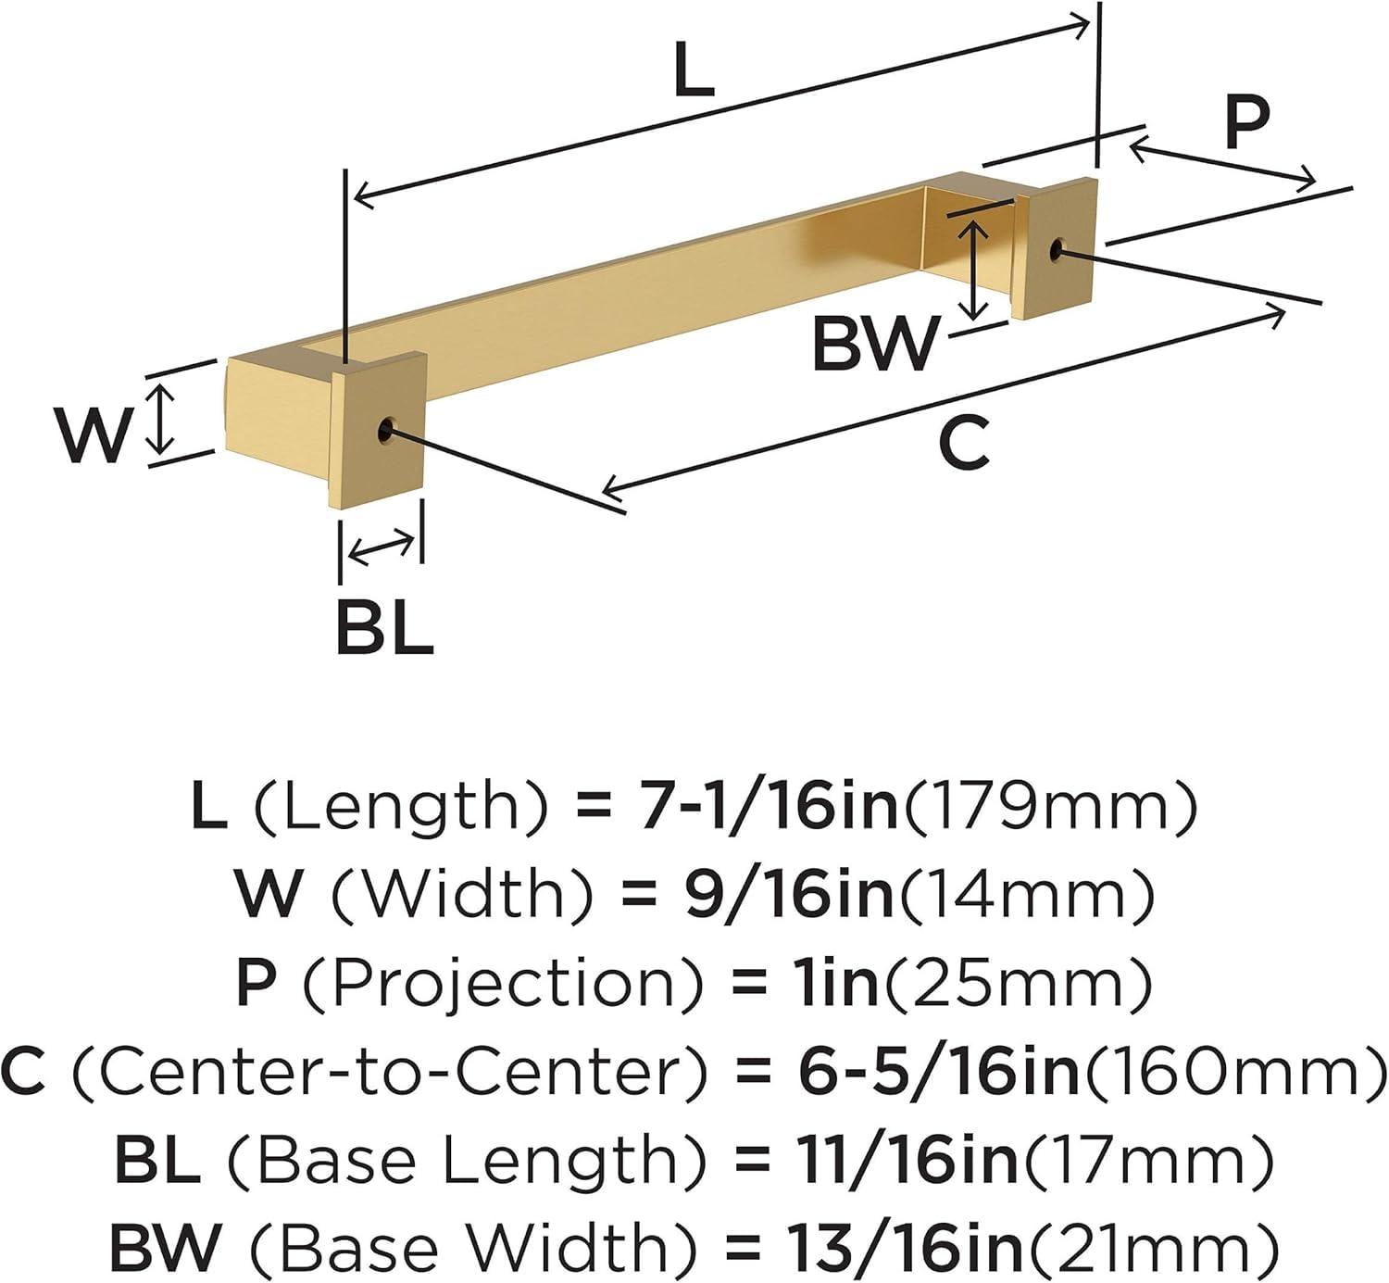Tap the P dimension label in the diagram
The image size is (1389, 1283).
point(1245,122)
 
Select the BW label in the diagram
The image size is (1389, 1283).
point(875,343)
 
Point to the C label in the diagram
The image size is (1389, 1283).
point(964,442)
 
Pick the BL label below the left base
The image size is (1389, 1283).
point(384,627)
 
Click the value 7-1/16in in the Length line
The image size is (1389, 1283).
point(765,806)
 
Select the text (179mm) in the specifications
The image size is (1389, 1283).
point(1049,806)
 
